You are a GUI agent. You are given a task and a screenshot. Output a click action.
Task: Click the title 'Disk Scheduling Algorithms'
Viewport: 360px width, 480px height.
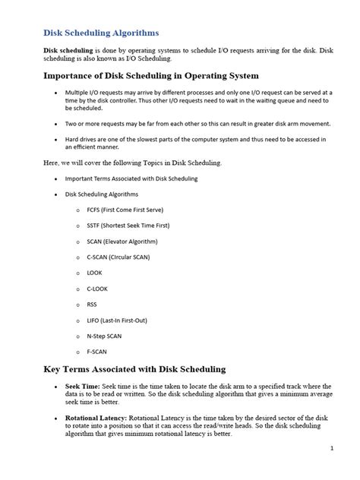click(100, 33)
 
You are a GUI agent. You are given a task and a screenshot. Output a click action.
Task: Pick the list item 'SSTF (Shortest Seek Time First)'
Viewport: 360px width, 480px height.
click(128, 226)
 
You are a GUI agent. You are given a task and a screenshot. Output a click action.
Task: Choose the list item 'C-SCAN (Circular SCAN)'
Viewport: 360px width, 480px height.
click(119, 257)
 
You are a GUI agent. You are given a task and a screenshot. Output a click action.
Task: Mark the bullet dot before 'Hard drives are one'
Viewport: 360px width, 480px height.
click(55, 138)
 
